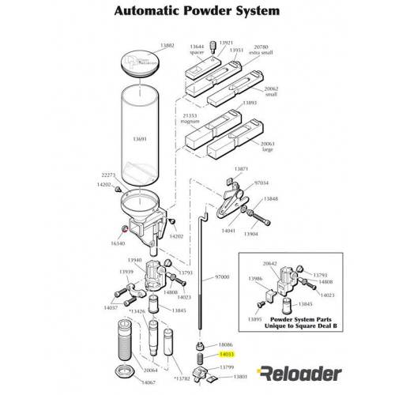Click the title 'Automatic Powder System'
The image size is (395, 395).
(x=197, y=12)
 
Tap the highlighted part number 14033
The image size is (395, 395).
(x=225, y=356)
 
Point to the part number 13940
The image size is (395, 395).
(x=135, y=259)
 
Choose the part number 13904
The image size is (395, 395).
(x=251, y=234)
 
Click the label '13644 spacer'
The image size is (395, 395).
(x=197, y=50)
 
